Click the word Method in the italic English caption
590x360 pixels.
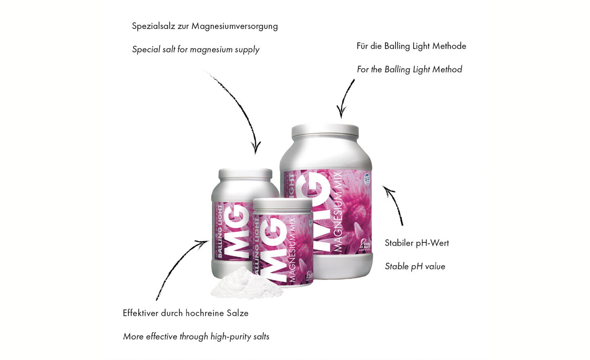(x=447, y=69)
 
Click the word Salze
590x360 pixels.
(x=238, y=313)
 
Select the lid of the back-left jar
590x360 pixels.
(x=245, y=173)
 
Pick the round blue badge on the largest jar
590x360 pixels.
(x=367, y=179)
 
